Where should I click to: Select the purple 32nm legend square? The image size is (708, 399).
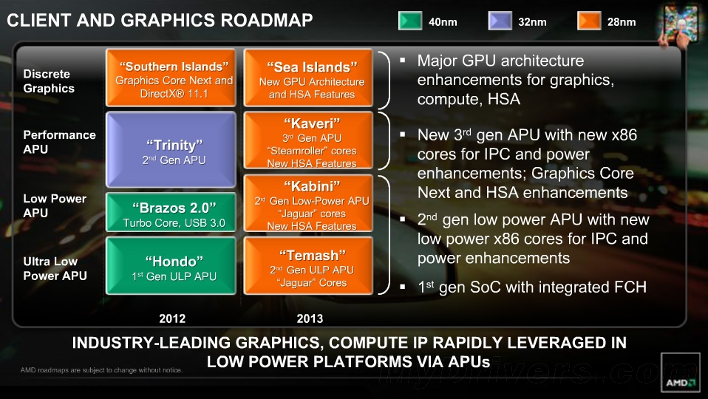[500, 21]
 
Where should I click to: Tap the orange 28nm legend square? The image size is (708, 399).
[589, 21]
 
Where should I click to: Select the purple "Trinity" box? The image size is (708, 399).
[172, 150]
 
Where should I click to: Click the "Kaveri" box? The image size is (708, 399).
[311, 141]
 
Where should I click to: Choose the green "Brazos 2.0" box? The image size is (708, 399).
[172, 214]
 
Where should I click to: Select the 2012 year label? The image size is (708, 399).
[172, 319]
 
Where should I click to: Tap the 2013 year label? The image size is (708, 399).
[310, 319]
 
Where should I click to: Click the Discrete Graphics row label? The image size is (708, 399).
[49, 81]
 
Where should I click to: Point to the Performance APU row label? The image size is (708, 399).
[59, 142]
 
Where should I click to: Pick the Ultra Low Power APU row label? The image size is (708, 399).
[55, 268]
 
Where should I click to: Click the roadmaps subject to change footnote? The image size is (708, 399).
[101, 370]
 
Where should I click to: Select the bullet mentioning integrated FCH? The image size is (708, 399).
[531, 287]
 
